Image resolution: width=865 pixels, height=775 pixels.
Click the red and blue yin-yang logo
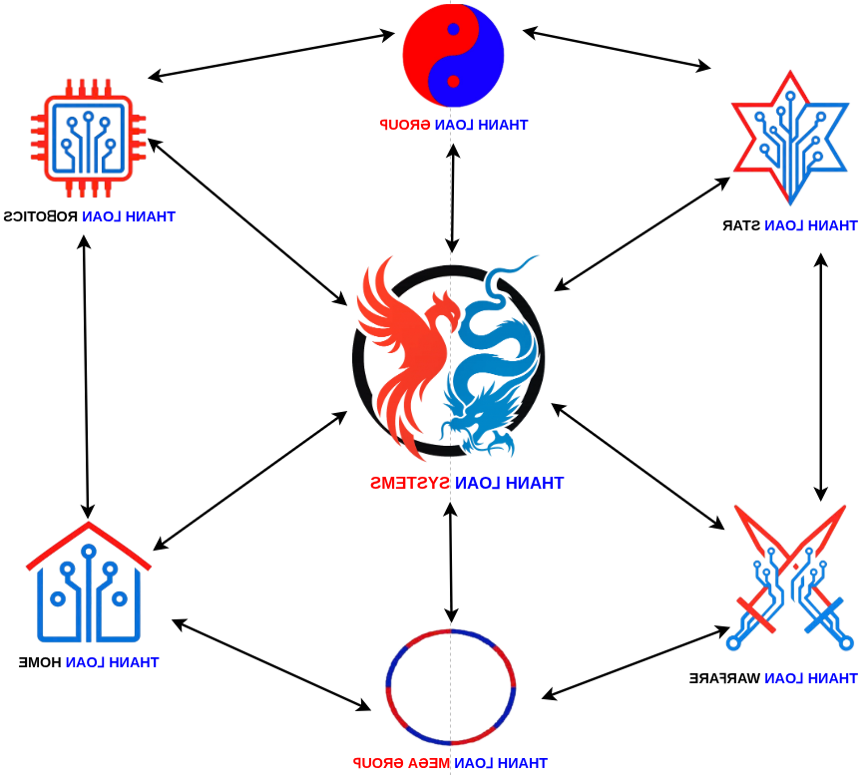(x=453, y=55)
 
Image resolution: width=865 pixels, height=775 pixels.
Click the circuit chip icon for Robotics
(x=89, y=138)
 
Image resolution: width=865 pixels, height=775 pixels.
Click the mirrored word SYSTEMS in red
(x=410, y=484)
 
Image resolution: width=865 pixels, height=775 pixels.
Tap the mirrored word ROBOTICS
(x=41, y=216)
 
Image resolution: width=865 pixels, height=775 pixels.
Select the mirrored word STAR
(x=742, y=225)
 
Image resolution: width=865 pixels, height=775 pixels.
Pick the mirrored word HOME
(x=41, y=662)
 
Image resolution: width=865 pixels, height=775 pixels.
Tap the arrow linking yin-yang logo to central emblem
(x=453, y=198)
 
